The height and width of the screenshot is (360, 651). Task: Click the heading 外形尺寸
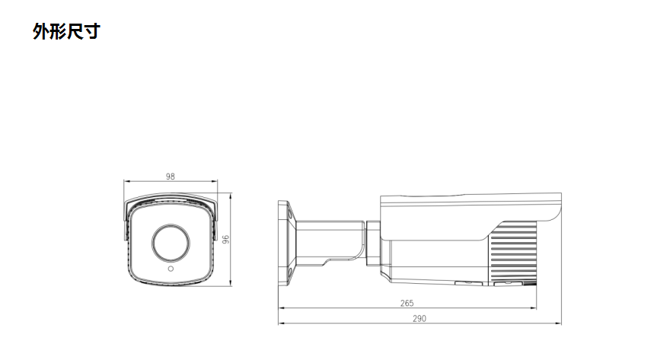coord(66,31)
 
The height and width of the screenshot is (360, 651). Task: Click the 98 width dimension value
coord(170,177)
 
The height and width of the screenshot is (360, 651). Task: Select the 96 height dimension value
coord(226,238)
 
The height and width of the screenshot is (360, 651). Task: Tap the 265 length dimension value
coord(407,303)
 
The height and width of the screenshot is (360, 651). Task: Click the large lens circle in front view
coord(171,241)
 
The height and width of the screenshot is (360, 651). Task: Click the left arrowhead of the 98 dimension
coord(126,182)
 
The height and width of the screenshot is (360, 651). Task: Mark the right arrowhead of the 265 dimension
coord(535,308)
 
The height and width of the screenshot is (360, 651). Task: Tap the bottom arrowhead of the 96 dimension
coord(231,282)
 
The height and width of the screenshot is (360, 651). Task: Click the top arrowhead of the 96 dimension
coord(231,196)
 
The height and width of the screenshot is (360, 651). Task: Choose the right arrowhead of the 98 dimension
coord(215,182)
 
